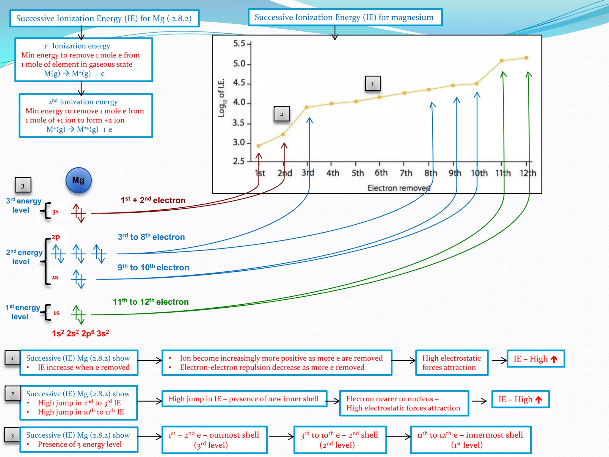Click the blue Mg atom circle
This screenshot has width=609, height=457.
79,180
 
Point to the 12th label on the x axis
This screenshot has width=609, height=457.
528,173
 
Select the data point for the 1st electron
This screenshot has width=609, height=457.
259,146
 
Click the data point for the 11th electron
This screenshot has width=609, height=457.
502,61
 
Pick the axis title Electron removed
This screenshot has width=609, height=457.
399,188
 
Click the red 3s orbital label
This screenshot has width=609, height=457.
55,212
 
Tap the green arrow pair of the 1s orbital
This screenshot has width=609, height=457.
79,314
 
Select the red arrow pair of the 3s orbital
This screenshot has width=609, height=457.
79,213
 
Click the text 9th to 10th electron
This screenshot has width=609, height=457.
153,267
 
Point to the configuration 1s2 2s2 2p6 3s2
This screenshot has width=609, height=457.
81,333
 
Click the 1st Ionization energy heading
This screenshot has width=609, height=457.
77,46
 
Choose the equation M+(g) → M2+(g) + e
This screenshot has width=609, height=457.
79,129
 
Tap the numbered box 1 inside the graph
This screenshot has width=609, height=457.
373,84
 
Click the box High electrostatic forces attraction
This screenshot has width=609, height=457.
451,363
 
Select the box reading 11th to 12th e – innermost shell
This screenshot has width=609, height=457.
470,440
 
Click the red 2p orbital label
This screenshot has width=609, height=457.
56,237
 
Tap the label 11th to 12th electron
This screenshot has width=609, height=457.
151,302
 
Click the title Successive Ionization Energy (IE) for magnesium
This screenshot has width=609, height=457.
344,17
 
